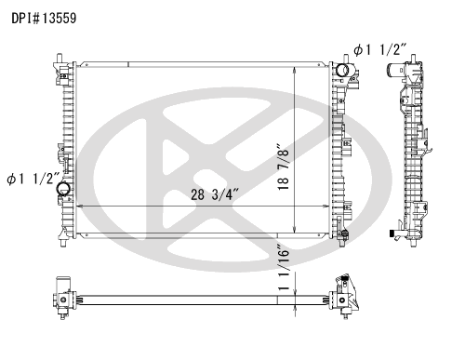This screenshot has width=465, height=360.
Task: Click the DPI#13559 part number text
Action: (x=44, y=19)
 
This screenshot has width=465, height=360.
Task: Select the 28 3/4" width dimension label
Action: (x=215, y=194)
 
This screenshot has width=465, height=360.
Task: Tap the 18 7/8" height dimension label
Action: (x=283, y=167)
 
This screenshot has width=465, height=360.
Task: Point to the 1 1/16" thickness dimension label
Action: (x=284, y=268)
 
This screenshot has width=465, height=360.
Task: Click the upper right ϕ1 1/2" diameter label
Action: (x=379, y=49)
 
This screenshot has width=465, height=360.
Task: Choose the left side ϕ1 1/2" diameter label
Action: (x=33, y=179)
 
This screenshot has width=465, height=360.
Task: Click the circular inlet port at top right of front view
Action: (x=342, y=70)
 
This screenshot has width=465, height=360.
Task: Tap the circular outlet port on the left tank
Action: (x=63, y=189)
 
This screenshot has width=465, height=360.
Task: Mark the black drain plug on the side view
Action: (x=392, y=233)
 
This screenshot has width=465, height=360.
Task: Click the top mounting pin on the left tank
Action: (x=60, y=58)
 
